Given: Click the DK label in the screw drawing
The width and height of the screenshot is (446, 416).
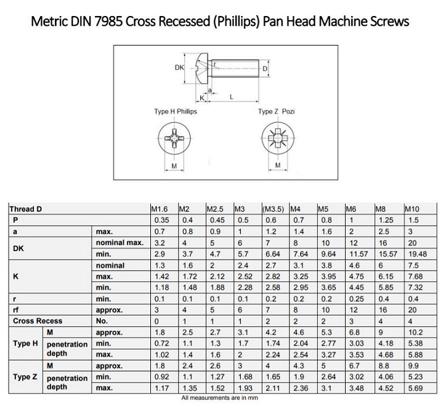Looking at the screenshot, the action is (x=179, y=68).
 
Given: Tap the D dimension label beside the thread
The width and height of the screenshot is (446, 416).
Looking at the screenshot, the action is (x=265, y=69).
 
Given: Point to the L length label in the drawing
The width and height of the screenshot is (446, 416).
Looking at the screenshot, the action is (x=232, y=97).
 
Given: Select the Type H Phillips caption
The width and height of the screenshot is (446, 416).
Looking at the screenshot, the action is (x=176, y=111).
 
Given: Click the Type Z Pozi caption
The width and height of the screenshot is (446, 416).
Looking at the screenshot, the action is (x=276, y=111).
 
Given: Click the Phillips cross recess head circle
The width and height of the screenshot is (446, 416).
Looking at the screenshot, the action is (x=174, y=138).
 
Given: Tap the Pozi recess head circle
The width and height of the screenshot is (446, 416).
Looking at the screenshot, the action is (x=278, y=138).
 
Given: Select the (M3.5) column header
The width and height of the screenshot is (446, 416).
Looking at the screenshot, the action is (x=273, y=209).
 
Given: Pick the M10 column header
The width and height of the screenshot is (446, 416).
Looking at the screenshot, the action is (x=412, y=209).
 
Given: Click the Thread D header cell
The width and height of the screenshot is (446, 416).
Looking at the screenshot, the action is (x=26, y=209).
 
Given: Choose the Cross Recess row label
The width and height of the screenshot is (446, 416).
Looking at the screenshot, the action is (x=38, y=321).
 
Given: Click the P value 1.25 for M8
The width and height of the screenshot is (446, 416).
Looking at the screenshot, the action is (x=386, y=220).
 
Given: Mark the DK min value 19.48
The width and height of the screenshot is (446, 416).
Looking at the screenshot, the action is (x=417, y=254).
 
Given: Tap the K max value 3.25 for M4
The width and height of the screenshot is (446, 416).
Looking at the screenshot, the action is (x=301, y=276).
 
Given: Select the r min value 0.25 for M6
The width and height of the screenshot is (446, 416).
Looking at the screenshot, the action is (x=357, y=299).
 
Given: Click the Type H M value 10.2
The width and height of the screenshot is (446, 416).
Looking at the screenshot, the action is (x=415, y=332).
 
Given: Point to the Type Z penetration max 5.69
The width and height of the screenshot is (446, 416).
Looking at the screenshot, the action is (x=415, y=388).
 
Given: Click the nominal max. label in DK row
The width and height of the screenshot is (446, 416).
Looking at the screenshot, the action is (x=120, y=242).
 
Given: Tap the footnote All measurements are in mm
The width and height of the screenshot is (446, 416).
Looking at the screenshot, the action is (x=219, y=398).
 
